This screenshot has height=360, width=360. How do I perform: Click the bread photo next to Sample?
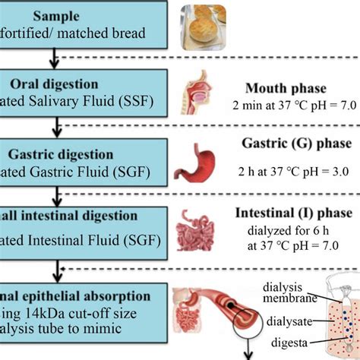(x=203, y=24)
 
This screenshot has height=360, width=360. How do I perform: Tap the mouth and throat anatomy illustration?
(x=206, y=95)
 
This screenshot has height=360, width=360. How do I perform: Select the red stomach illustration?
(x=201, y=164)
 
